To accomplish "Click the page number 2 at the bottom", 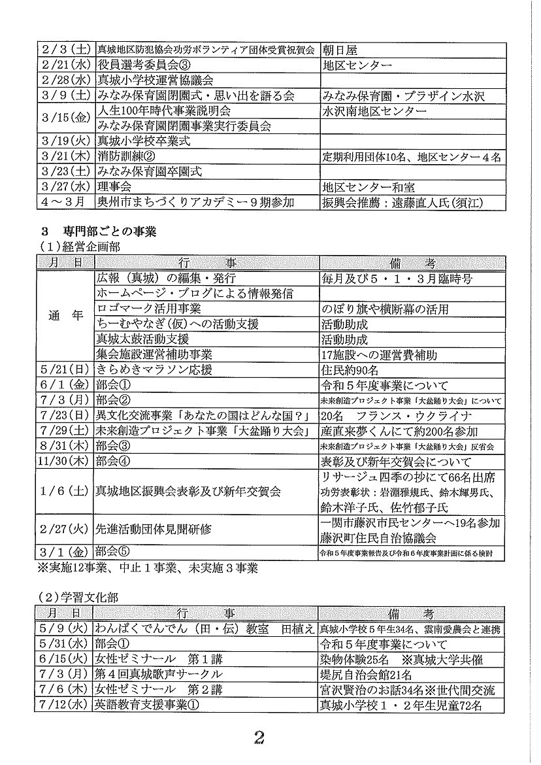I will click(x=260, y=738).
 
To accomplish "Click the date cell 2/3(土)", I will click(x=65, y=49).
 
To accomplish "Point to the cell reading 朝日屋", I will click(x=339, y=49).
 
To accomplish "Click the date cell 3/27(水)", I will click(x=65, y=188).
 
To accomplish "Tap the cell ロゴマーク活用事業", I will click(x=149, y=309).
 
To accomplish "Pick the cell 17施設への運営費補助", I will click(x=379, y=355).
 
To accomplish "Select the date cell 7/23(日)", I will click(x=65, y=416).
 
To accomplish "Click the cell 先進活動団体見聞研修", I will click(x=154, y=529).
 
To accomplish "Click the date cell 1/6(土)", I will click(x=65, y=491).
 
